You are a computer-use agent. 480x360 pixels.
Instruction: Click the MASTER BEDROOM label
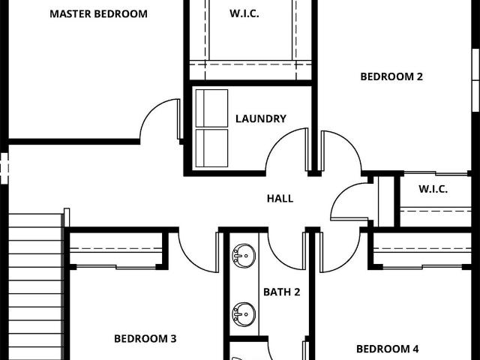click(98, 14)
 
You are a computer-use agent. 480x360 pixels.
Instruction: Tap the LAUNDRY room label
click(261, 118)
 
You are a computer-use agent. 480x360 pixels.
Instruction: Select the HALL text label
click(280, 199)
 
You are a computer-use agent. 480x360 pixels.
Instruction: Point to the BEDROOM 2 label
click(391, 76)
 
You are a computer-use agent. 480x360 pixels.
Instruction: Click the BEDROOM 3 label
click(145, 338)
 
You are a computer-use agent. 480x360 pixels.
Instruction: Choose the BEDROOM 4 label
click(388, 349)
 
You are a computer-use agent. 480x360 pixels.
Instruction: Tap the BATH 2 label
click(282, 292)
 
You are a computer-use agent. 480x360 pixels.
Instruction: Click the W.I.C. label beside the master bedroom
click(244, 13)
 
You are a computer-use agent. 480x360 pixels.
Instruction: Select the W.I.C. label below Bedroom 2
click(433, 189)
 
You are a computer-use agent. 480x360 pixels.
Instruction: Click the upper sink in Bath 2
click(244, 256)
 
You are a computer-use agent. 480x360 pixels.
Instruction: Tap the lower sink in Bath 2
click(244, 314)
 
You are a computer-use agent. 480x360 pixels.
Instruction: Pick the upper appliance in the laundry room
click(211, 108)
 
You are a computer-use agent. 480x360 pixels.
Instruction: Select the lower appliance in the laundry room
click(211, 148)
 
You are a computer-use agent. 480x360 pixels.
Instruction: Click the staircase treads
click(35, 286)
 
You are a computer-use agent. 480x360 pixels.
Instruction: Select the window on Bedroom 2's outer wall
click(475, 80)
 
